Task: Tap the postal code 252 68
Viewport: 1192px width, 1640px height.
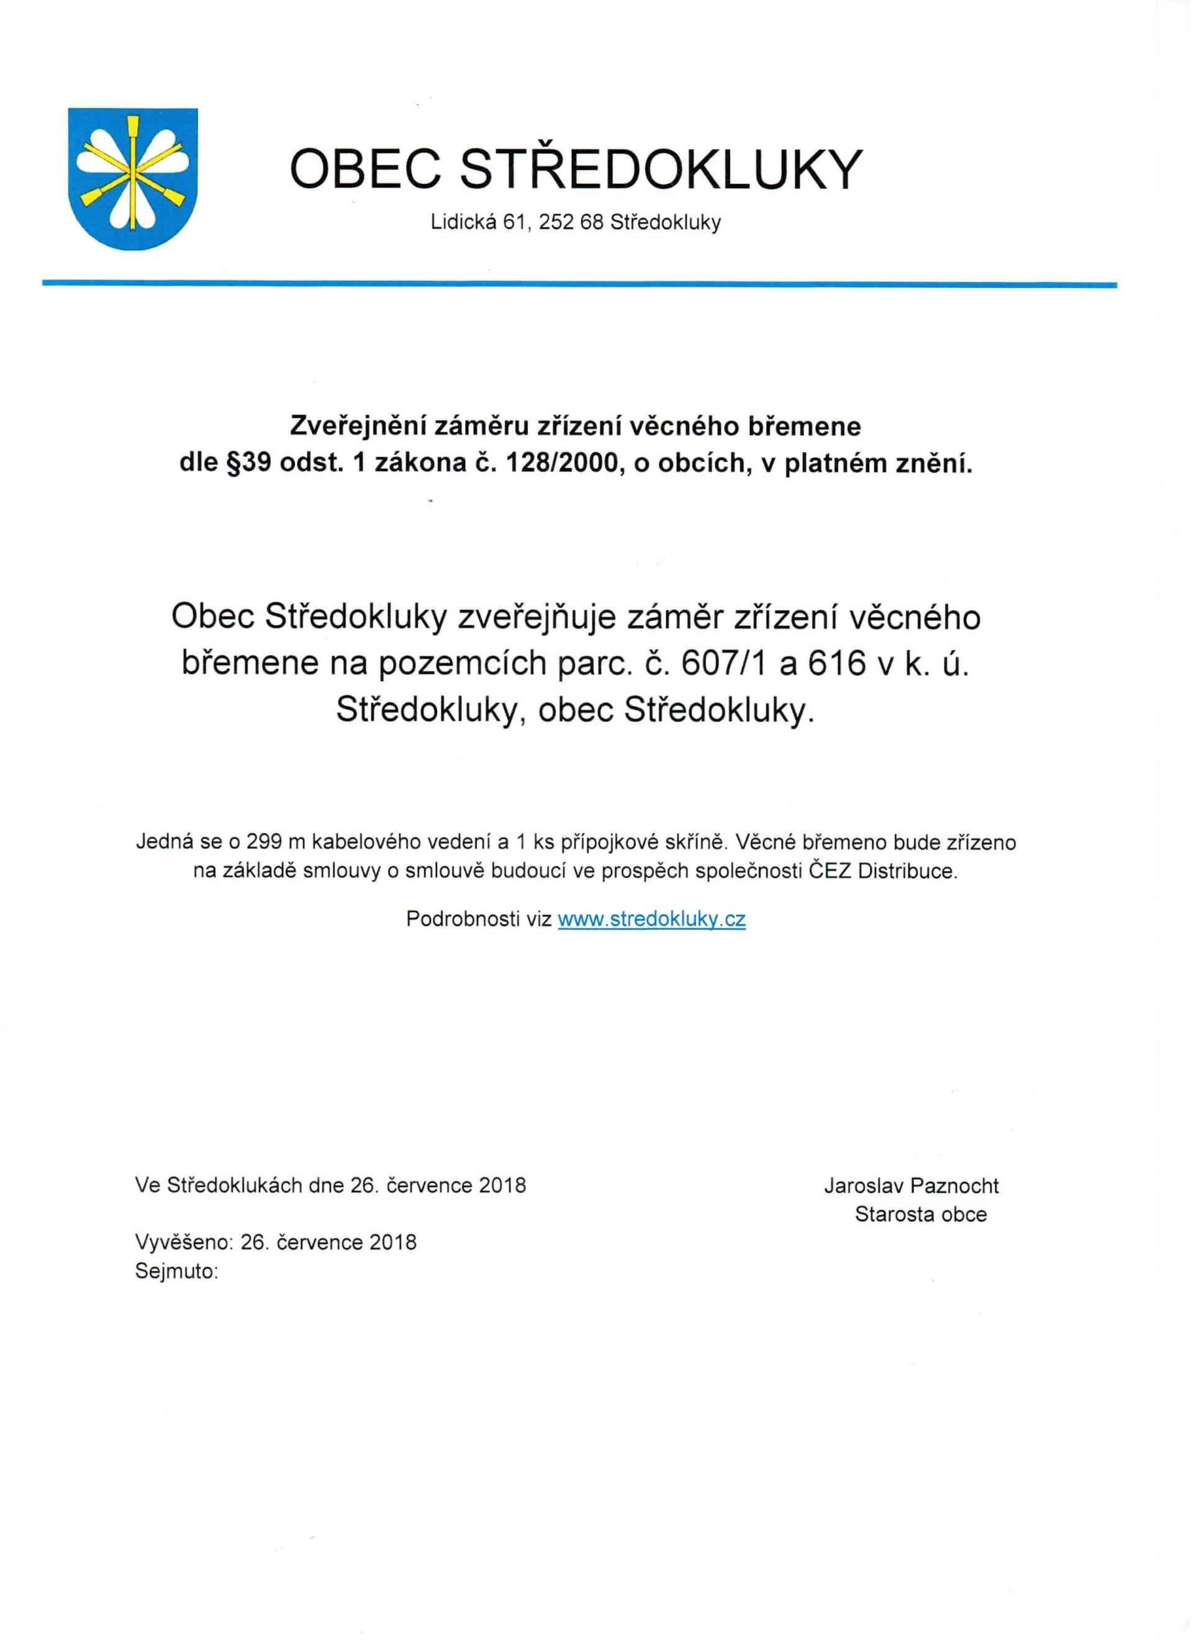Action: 571,223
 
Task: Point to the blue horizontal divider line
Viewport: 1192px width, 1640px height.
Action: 578,284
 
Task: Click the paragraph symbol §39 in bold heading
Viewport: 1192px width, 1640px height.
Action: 246,463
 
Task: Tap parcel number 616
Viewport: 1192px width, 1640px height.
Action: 836,663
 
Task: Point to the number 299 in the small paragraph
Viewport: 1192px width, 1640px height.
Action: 265,843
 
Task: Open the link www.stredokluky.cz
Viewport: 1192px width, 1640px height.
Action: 651,919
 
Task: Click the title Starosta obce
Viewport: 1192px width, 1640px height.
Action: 920,1214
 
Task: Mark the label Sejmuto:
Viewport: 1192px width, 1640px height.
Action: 176,1271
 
